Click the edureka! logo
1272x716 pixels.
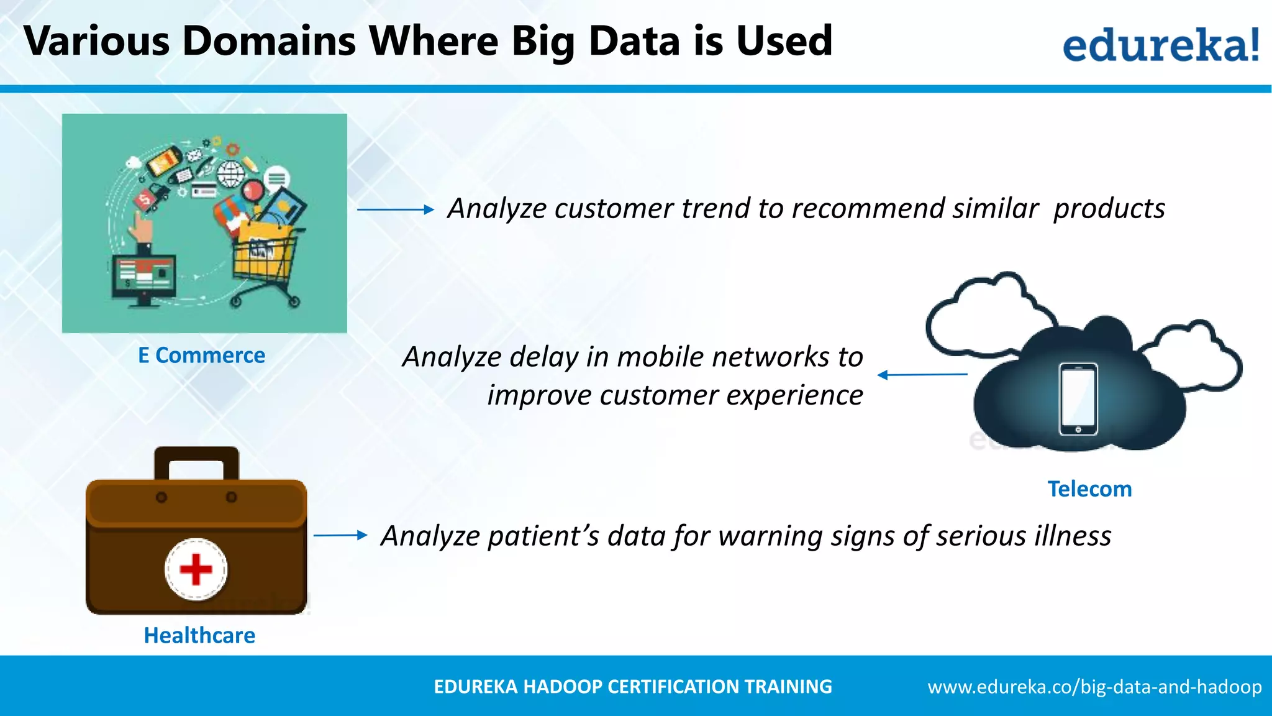(1160, 45)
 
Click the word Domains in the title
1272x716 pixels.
(269, 41)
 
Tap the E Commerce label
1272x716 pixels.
(201, 356)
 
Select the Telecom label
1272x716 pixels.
(1089, 489)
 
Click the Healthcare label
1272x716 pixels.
(199, 635)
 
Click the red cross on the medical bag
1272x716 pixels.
(196, 569)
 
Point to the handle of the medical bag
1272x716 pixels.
(196, 461)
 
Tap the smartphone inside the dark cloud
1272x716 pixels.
(1078, 399)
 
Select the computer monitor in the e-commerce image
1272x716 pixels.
(143, 278)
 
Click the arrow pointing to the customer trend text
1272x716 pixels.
(395, 209)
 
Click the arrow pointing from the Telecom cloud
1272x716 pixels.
(922, 375)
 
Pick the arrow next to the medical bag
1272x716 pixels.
(340, 535)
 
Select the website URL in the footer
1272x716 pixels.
(1094, 687)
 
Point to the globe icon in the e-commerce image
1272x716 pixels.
(230, 174)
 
